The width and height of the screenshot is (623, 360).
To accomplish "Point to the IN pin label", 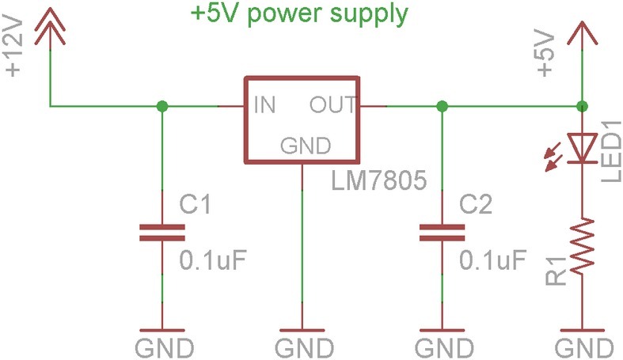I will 264,104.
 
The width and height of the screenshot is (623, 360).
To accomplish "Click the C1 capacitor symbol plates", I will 161,231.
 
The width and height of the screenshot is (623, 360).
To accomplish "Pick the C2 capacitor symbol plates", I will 442,231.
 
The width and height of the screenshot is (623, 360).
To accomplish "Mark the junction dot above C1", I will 161,105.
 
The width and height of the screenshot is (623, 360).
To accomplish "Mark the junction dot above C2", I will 442,105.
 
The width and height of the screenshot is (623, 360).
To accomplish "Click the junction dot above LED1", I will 582,105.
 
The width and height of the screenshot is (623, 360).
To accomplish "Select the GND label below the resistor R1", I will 583,347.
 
